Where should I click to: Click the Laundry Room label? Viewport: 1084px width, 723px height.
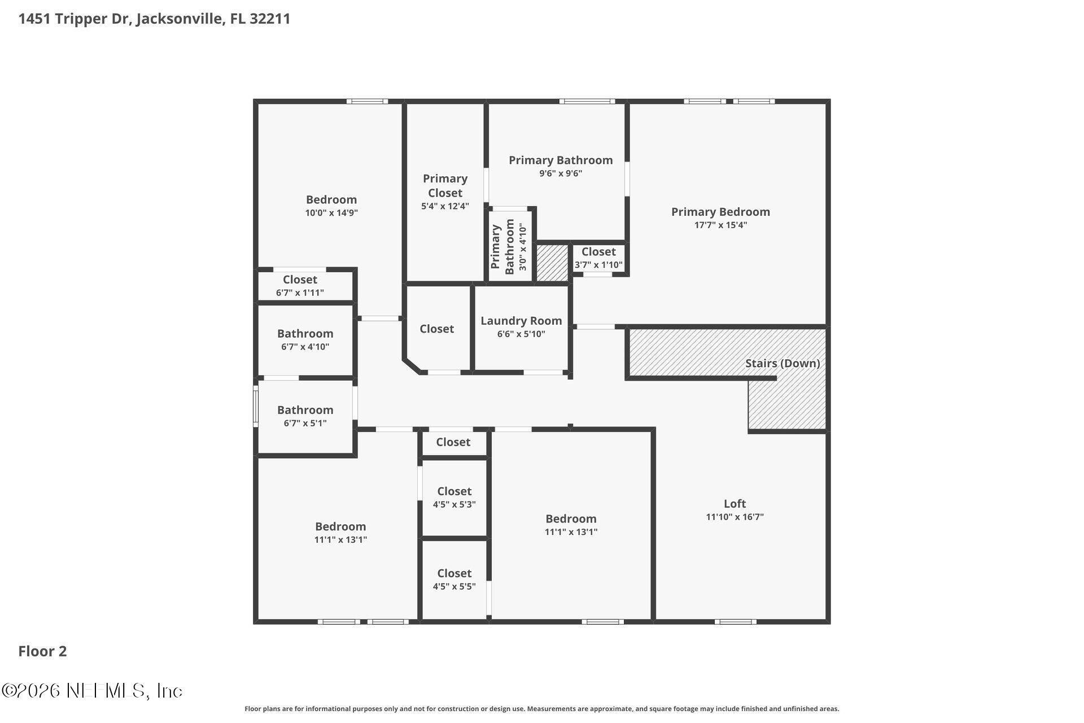[521, 321]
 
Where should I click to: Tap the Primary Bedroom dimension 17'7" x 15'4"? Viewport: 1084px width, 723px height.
[720, 225]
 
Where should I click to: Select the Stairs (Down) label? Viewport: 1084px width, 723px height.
[782, 363]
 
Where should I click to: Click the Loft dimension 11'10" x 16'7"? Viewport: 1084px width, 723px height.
[735, 517]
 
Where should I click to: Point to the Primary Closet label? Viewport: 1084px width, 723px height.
[445, 186]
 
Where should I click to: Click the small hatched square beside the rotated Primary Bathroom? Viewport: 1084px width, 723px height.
[552, 263]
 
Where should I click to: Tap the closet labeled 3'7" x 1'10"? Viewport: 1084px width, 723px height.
[598, 258]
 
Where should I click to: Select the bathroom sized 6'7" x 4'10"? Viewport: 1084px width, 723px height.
[305, 339]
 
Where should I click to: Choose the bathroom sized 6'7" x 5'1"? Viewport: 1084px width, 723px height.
[305, 416]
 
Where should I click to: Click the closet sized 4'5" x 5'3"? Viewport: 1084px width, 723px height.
[454, 498]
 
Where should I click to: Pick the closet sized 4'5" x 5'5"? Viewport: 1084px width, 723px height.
[454, 580]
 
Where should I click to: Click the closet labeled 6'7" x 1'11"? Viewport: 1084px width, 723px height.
[300, 286]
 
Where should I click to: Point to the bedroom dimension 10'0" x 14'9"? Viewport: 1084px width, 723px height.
[331, 213]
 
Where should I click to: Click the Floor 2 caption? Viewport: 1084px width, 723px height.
[42, 651]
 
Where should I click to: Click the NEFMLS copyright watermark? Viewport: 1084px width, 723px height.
[92, 691]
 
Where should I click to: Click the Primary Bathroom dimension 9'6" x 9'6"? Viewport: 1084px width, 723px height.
[560, 173]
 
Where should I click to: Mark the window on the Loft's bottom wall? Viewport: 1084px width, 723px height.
[735, 622]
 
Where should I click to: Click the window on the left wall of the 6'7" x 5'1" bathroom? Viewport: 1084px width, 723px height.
[255, 406]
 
